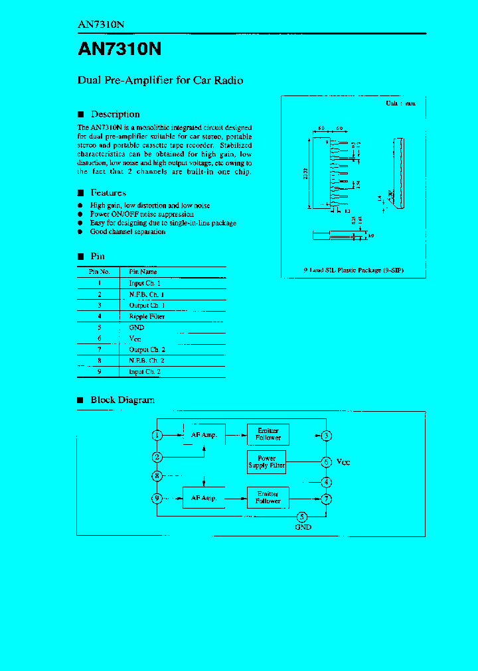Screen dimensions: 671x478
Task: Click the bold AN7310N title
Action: click(120, 50)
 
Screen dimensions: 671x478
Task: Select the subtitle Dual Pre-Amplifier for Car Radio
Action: click(161, 80)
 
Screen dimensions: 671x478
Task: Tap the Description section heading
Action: click(115, 114)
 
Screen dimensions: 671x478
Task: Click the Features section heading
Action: click(108, 193)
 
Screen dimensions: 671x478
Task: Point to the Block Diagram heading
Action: click(122, 400)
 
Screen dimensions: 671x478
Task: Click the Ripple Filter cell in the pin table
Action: click(147, 316)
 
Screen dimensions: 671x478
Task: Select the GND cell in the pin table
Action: click(137, 328)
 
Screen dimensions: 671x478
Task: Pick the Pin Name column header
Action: click(143, 272)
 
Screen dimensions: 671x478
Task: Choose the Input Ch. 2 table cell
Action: click(145, 372)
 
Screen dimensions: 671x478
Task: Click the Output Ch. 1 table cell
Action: click(147, 305)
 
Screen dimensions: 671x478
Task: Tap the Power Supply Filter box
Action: click(267, 462)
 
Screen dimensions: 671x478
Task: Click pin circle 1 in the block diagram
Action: click(157, 435)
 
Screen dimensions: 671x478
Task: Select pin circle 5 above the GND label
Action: click(302, 517)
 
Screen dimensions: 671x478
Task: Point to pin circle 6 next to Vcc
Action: click(326, 461)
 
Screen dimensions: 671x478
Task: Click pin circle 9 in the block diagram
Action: click(157, 498)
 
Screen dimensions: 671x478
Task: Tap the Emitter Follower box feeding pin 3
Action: click(268, 434)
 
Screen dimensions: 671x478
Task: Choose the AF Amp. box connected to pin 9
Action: click(204, 498)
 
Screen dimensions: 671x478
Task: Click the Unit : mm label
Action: click(400, 103)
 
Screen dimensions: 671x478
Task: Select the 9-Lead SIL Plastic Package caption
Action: click(353, 271)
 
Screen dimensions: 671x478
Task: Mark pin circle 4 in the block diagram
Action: click(326, 482)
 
